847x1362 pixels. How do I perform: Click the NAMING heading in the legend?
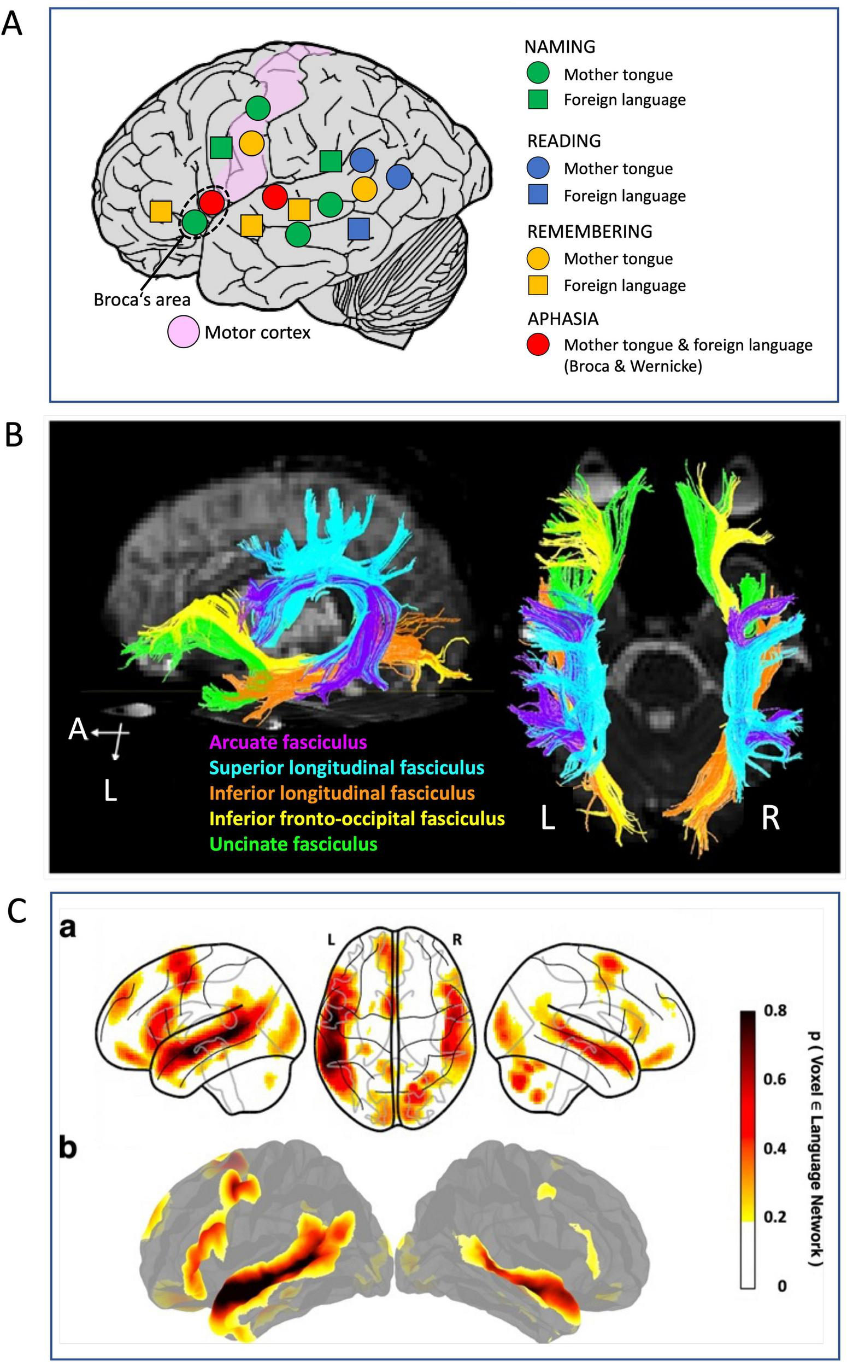[560, 47]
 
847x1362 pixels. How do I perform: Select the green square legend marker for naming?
[538, 99]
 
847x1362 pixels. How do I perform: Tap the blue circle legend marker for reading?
[538, 168]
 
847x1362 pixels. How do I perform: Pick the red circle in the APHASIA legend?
[538, 345]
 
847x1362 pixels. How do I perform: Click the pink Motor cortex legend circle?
[184, 332]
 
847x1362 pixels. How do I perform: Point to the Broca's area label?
[142, 300]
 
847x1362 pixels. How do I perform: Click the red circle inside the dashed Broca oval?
[212, 202]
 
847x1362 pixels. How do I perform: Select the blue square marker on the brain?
[358, 228]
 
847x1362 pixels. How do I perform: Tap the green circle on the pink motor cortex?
[258, 108]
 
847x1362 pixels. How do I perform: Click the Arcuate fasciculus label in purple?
[288, 743]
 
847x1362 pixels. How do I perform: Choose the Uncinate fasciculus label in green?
[293, 844]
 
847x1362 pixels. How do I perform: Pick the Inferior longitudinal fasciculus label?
[342, 794]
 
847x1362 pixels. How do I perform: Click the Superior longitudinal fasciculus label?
[347, 767]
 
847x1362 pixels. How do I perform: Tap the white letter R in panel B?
[771, 819]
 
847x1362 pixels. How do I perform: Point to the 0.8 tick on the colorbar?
[776, 1010]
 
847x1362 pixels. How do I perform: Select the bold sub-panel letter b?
[68, 1148]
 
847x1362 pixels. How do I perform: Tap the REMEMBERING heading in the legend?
[589, 231]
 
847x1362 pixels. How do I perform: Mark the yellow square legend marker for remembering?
[538, 285]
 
